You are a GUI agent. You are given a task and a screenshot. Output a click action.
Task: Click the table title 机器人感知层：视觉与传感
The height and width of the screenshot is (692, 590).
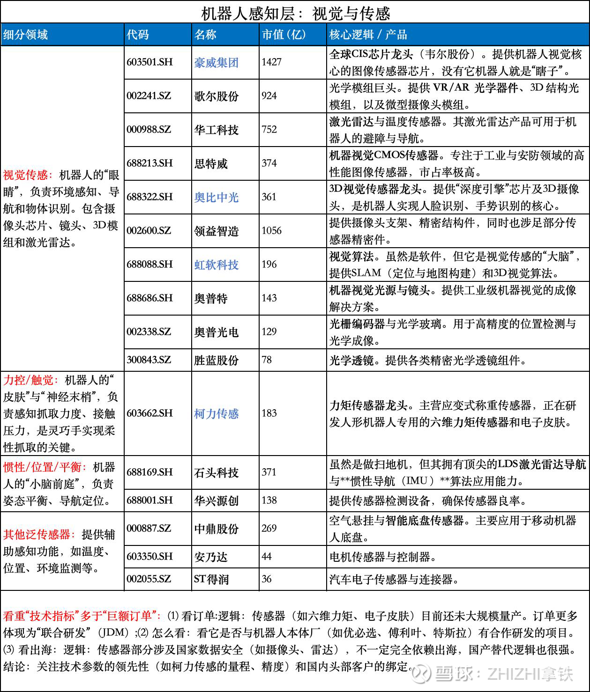295,12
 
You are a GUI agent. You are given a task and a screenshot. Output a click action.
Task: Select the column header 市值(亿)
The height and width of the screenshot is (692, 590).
284,34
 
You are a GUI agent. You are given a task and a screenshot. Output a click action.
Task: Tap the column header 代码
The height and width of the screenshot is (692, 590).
137,34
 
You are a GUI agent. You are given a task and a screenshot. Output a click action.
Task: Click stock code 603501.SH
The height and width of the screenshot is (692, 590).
149,62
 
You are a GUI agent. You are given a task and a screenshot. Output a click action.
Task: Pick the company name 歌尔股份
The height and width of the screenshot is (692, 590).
217,96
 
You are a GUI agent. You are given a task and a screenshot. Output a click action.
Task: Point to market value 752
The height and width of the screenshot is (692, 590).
269,129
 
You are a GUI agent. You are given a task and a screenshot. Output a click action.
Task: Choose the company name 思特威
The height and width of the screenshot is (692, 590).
211,163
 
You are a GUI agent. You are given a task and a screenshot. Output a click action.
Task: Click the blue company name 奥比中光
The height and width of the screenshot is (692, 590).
217,197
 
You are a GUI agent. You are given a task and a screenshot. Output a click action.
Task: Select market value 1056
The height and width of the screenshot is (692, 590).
272,230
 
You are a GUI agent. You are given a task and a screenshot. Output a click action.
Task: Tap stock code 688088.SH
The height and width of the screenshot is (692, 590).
149,264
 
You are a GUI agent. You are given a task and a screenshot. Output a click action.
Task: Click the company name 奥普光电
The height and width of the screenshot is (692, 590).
217,332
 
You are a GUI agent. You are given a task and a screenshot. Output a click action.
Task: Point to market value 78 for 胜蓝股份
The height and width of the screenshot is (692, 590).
267,360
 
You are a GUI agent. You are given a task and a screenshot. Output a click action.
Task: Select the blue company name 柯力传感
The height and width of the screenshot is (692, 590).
217,413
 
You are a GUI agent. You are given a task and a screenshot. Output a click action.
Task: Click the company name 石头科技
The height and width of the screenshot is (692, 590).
217,472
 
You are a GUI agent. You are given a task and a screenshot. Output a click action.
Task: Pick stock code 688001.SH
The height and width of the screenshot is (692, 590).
149,500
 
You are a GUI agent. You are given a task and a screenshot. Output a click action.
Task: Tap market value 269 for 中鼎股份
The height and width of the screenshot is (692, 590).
269,528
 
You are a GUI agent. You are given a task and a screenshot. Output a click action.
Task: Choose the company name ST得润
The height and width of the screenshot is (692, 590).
211,579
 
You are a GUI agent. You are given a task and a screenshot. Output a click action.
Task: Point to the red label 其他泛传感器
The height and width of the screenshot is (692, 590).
37,534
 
